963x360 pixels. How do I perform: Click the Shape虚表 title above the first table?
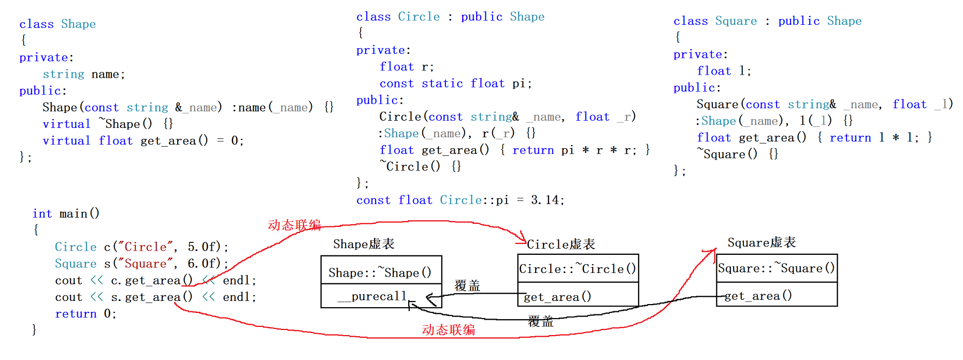coord(364,244)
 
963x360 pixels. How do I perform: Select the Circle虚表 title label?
coord(561,244)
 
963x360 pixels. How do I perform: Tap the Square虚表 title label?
coord(761,242)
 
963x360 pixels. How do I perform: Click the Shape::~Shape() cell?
coord(381,272)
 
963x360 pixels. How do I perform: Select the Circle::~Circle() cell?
coord(578,269)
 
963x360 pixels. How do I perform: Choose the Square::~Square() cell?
coord(776,268)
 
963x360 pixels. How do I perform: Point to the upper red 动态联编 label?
coord(294,225)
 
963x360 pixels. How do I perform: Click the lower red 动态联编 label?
coord(449,330)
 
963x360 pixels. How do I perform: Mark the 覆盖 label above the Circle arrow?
coord(467,285)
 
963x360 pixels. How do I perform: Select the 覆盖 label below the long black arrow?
coord(540,322)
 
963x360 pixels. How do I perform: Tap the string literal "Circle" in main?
coord(145,247)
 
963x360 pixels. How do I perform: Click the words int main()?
coord(66,213)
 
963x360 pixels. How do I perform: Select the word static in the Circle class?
coord(442,83)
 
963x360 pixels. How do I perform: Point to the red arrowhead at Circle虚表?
coord(522,239)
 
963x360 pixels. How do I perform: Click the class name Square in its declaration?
coord(736,21)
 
